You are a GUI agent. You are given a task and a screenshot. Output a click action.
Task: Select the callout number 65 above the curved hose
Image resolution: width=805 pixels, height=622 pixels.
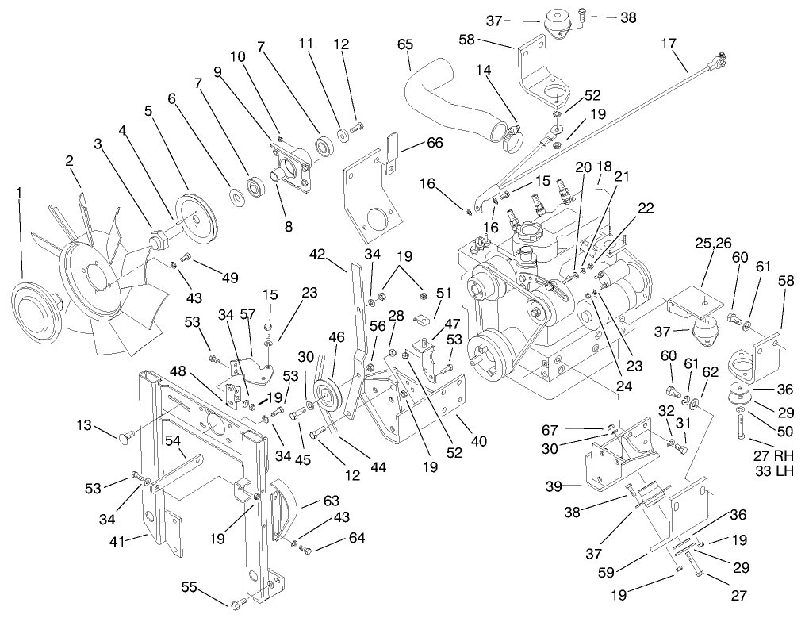405,44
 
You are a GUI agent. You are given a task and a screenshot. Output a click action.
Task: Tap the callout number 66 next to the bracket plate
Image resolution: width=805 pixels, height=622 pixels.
434,143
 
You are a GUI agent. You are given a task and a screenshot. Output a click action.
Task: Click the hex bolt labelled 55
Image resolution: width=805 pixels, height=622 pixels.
236,607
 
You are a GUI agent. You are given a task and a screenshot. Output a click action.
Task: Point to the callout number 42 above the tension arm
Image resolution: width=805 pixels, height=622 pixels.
317,255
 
